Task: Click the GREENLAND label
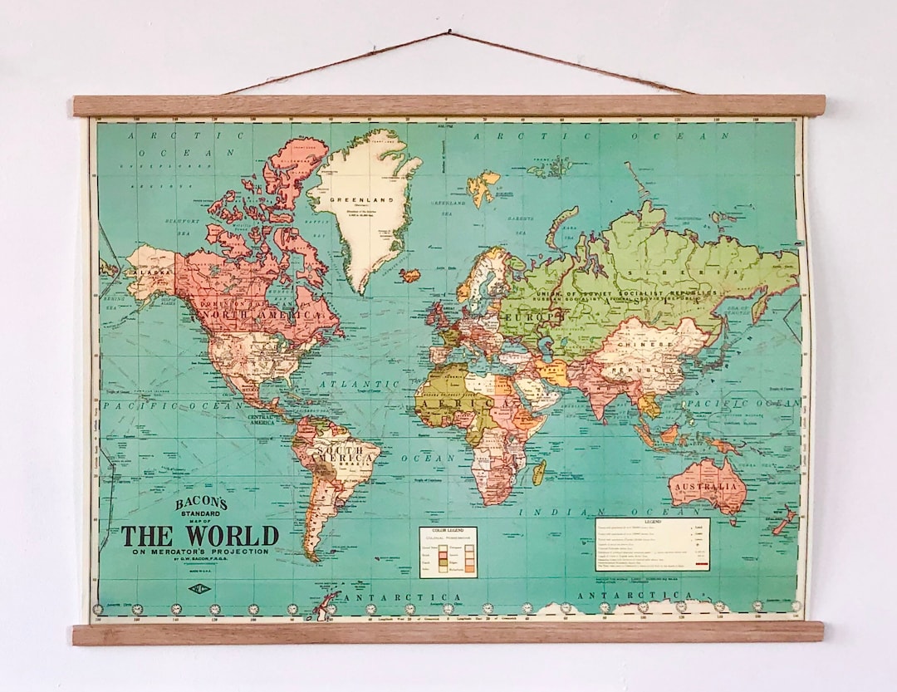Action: click(349, 200)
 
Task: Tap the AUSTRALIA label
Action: click(705, 486)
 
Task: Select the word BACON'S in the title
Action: click(200, 504)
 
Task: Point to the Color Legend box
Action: click(448, 552)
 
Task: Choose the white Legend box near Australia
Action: click(652, 544)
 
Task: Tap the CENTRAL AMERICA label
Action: click(262, 420)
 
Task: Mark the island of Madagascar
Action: click(539, 473)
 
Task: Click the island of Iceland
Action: click(409, 275)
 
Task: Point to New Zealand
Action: click(784, 521)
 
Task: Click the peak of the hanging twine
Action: click(449, 33)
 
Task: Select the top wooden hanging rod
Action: click(448, 106)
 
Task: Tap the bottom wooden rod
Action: click(448, 633)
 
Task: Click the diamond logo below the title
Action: click(199, 588)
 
